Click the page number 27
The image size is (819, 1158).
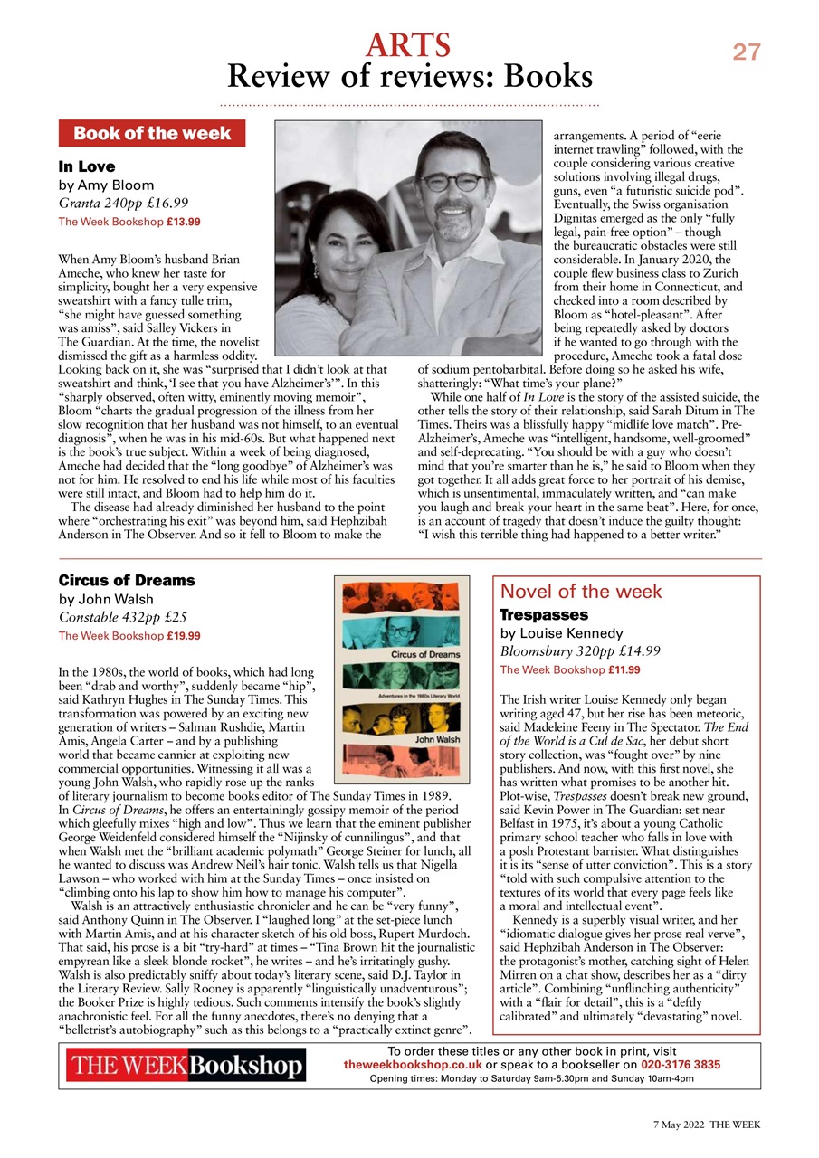pos(747,52)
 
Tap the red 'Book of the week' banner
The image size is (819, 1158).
pos(151,134)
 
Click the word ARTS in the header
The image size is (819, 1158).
pos(408,44)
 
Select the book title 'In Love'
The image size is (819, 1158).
pos(87,166)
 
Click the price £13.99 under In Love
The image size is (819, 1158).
pos(184,221)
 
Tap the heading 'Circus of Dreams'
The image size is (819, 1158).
pos(127,580)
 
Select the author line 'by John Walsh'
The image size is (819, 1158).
pos(106,599)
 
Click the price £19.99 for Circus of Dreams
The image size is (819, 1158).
pos(184,636)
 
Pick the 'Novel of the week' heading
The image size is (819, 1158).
pos(581,592)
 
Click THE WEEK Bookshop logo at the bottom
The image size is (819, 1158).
pos(186,1067)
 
